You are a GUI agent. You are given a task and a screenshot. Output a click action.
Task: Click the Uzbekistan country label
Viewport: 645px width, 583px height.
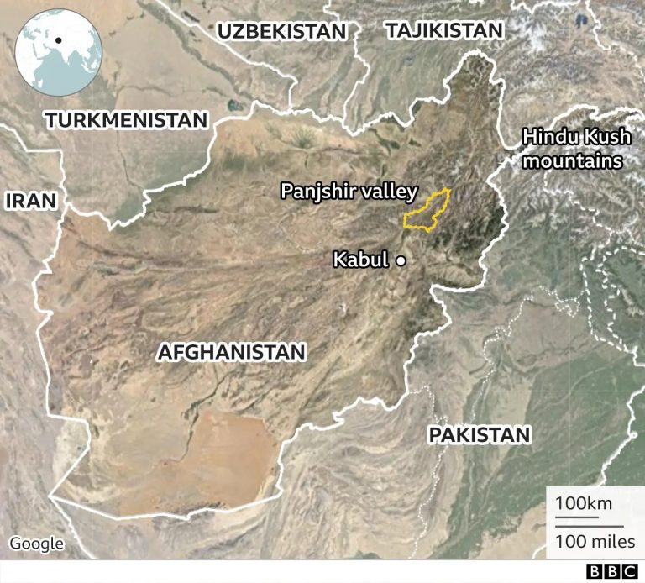pyautogui.click(x=281, y=32)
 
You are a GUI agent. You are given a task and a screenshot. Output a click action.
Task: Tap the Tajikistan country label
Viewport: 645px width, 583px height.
pyautogui.click(x=444, y=31)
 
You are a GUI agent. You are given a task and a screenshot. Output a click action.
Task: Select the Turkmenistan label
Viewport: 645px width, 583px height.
pyautogui.click(x=126, y=120)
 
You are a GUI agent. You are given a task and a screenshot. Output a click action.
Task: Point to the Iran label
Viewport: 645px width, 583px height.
pyautogui.click(x=30, y=200)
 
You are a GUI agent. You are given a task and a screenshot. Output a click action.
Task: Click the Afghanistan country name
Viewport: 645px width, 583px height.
pyautogui.click(x=231, y=352)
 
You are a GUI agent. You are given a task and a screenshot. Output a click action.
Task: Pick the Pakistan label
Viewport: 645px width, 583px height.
pyautogui.click(x=480, y=434)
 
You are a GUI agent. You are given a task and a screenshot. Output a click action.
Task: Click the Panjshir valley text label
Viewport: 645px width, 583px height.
pyautogui.click(x=348, y=192)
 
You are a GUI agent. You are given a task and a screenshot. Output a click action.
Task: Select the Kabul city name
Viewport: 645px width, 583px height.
pyautogui.click(x=360, y=260)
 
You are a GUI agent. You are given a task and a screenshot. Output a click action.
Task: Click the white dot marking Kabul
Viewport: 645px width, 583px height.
pyautogui.click(x=401, y=261)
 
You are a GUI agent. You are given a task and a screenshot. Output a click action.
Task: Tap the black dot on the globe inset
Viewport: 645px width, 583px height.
pyautogui.click(x=59, y=40)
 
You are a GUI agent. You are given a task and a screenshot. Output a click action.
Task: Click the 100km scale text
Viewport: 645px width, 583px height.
pyautogui.click(x=583, y=504)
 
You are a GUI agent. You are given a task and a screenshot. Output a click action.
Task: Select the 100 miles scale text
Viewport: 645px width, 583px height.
pyautogui.click(x=595, y=541)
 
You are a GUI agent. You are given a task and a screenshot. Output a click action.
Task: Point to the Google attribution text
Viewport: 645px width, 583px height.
pyautogui.click(x=37, y=544)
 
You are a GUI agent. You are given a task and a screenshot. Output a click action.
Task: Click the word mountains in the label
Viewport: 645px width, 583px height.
pyautogui.click(x=572, y=160)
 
